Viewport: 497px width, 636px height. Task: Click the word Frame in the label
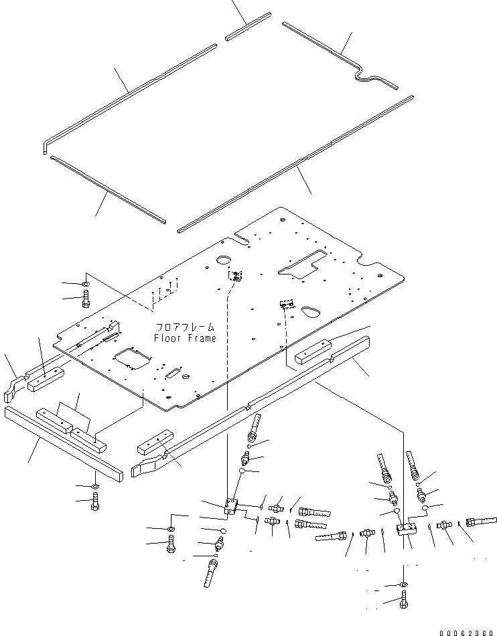pyautogui.click(x=202, y=338)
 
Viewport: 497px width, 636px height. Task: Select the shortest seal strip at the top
pyautogui.click(x=247, y=27)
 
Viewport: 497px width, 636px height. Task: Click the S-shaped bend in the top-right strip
pyautogui.click(x=365, y=76)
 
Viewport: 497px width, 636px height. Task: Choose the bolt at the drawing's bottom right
pyautogui.click(x=403, y=602)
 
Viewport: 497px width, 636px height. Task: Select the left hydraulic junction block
pyautogui.click(x=231, y=506)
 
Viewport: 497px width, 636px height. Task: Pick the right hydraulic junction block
pyautogui.click(x=406, y=529)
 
